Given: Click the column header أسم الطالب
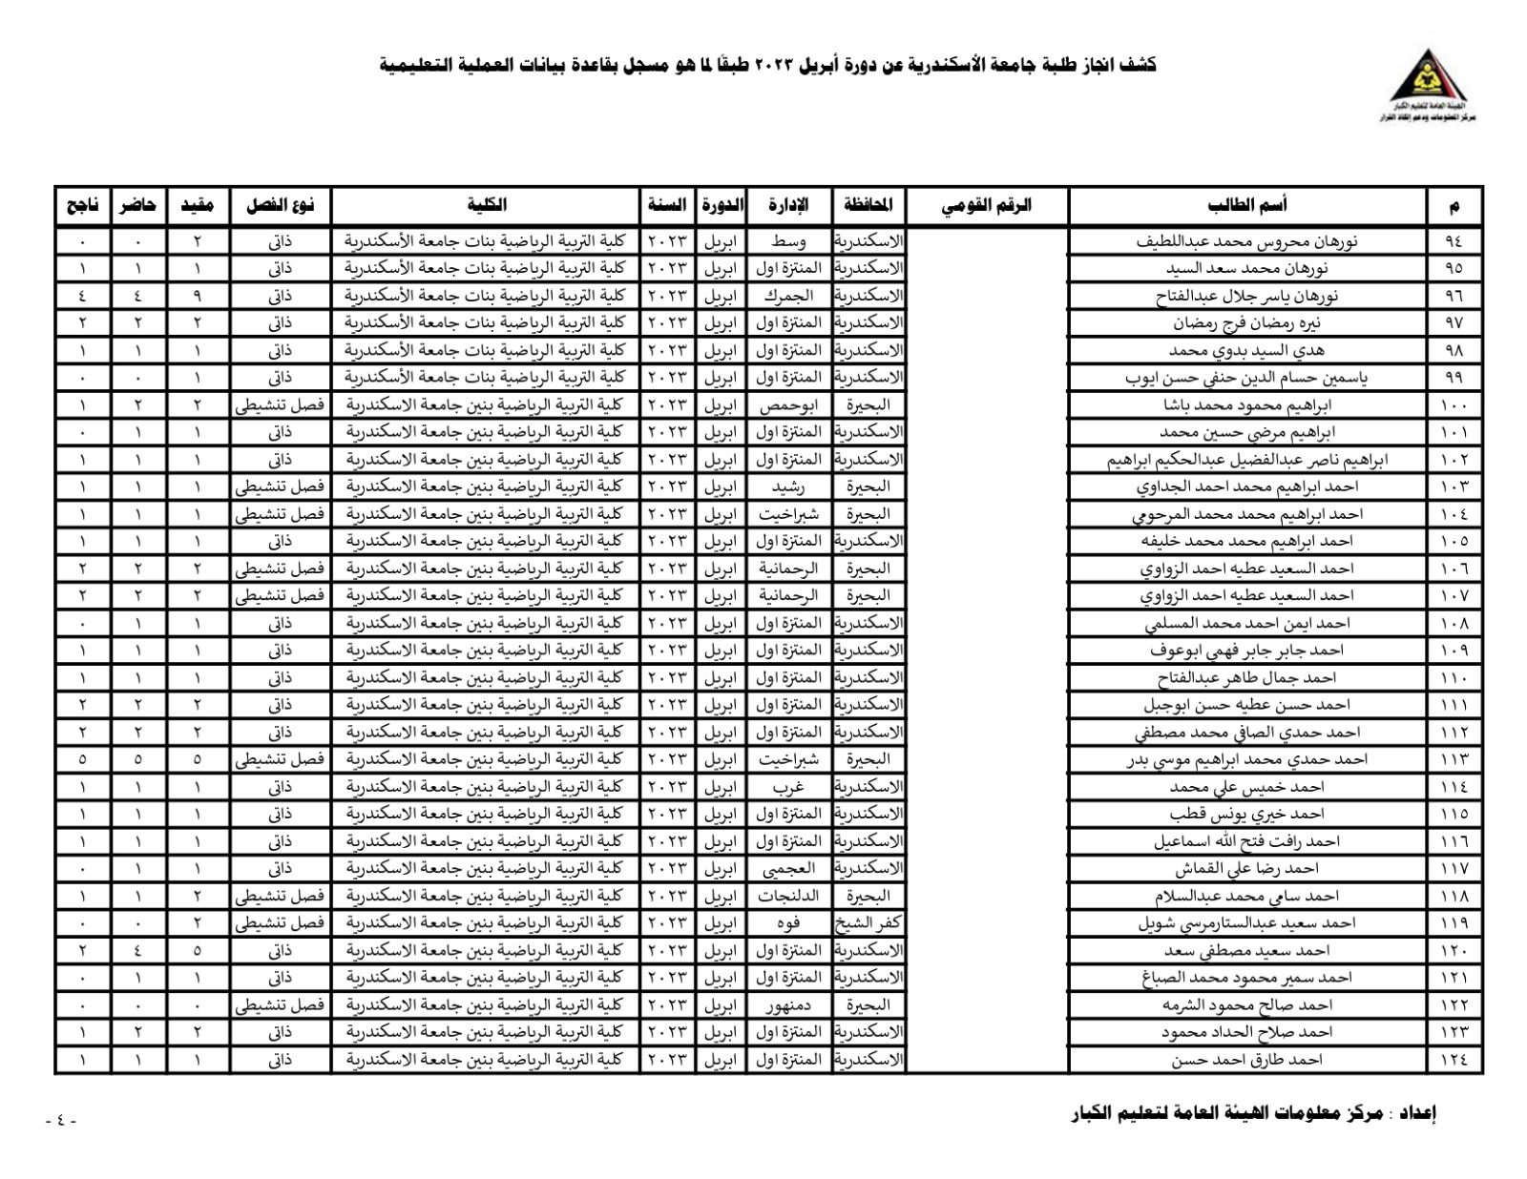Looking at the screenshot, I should (x=1246, y=205).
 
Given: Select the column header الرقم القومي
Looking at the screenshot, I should (x=987, y=205).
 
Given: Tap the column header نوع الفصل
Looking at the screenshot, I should (x=280, y=205).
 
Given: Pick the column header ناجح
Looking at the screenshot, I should (x=82, y=205).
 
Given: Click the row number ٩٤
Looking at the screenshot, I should (x=1454, y=241).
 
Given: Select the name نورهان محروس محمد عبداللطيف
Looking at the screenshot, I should (x=1246, y=241).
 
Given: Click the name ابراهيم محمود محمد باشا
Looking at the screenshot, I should (x=1246, y=405).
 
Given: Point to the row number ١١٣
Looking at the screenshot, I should (x=1454, y=760).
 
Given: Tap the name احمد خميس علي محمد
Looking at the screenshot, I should (x=1246, y=788).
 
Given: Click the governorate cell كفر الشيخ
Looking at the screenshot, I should (x=868, y=923).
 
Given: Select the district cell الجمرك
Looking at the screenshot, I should (x=787, y=296).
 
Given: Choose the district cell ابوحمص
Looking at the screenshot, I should (x=787, y=405).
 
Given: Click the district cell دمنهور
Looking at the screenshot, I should (x=787, y=1005).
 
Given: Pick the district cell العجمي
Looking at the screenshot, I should (x=787, y=869).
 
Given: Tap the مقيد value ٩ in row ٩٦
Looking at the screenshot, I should (x=198, y=296).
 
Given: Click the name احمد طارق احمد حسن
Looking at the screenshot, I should (x=1246, y=1060).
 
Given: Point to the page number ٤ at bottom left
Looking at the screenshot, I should (x=61, y=1121).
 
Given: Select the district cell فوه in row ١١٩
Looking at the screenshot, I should (x=787, y=923).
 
